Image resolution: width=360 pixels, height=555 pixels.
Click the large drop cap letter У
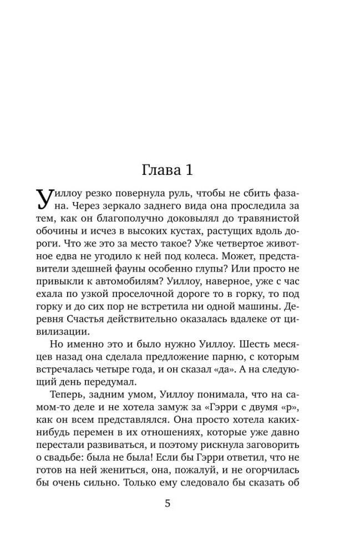coord(46,200)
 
